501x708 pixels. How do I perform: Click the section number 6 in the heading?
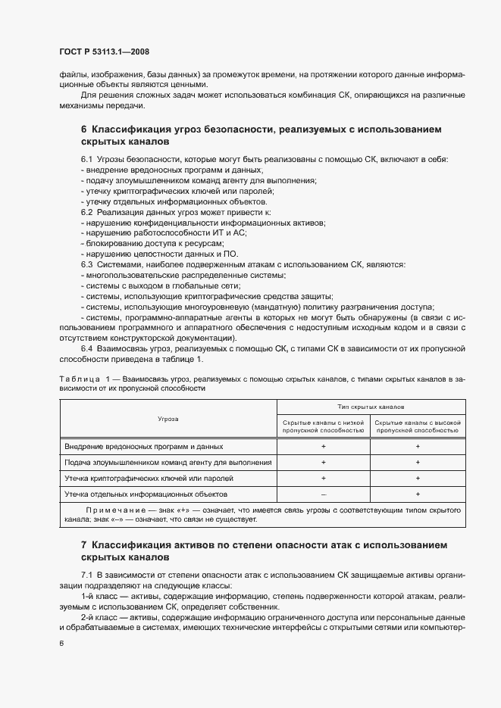click(x=83, y=130)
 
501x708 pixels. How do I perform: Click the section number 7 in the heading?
click(x=83, y=544)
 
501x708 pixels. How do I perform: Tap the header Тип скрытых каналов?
click(x=370, y=407)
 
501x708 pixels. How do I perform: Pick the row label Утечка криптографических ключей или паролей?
click(x=149, y=479)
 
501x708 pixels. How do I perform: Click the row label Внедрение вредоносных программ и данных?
click(x=144, y=447)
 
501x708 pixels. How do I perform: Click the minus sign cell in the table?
click(x=324, y=494)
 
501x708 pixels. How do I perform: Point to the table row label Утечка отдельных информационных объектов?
click(x=146, y=494)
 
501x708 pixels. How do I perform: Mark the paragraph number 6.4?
click(x=86, y=348)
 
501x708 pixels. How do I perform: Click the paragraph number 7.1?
click(x=86, y=576)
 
